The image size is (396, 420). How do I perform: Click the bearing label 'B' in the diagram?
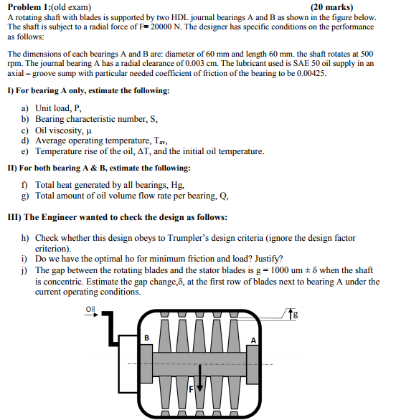(x=146, y=336)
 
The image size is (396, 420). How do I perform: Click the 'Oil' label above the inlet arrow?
(x=90, y=310)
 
